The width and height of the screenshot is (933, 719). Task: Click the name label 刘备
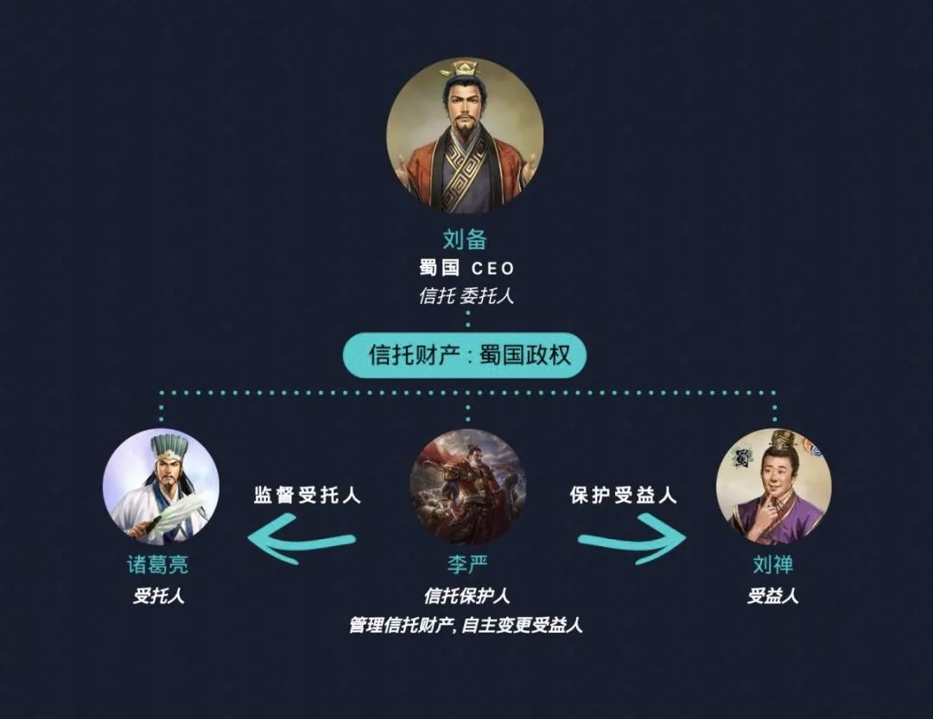[466, 240]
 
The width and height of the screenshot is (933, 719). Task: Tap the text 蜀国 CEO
[466, 268]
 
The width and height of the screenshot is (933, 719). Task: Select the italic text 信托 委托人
[466, 296]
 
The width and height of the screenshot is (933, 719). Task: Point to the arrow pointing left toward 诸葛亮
[301, 539]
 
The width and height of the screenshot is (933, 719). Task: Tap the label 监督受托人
[308, 495]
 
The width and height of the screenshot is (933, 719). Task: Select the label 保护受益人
[624, 495]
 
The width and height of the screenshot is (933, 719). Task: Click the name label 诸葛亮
[158, 566]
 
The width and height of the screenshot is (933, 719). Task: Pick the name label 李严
[466, 566]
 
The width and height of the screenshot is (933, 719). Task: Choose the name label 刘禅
[772, 566]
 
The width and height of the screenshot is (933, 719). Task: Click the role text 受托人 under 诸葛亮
[158, 596]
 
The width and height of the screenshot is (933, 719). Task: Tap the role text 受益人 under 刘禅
[772, 596]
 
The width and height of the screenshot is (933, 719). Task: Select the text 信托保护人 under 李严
[466, 596]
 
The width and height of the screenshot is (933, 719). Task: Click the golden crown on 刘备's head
[465, 68]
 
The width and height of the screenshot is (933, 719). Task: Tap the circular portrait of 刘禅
[773, 487]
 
